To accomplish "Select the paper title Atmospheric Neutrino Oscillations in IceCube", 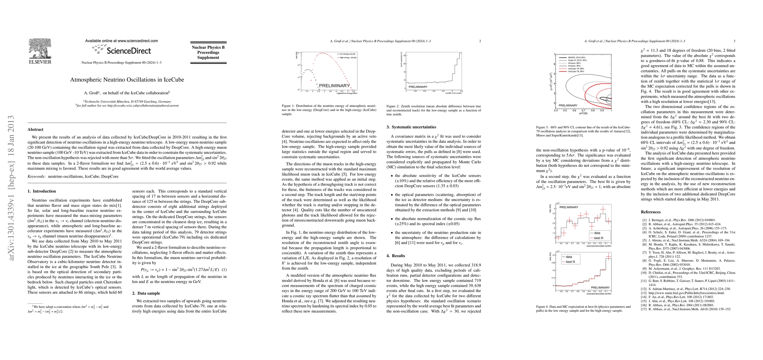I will tap(127, 80).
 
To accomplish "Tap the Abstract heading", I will tap(35, 130).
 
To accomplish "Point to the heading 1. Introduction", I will tap(42, 191).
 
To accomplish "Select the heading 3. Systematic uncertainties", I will tap(411, 127).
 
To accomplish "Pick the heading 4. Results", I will tap(396, 256).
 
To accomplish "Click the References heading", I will tap(651, 212).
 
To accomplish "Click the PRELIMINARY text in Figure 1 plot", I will tap(334, 85).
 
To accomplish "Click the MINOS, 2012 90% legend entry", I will tap(576, 57).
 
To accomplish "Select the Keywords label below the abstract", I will tap(37, 176).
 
